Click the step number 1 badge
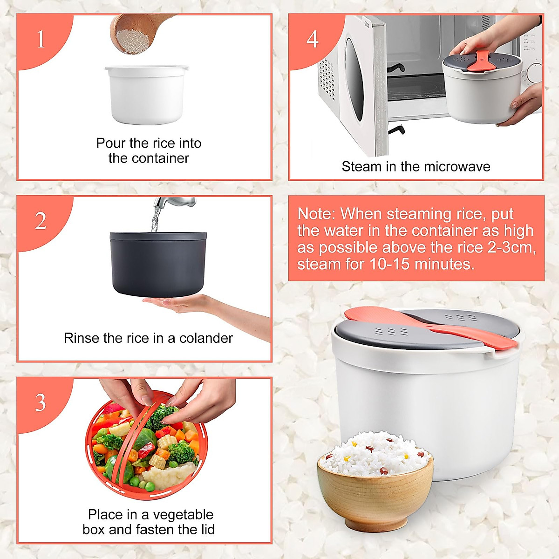tap(41, 39)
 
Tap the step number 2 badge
tap(41, 221)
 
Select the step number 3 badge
tap(41, 402)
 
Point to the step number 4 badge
tap(313, 39)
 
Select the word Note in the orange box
tap(316, 214)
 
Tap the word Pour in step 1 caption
tap(111, 143)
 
